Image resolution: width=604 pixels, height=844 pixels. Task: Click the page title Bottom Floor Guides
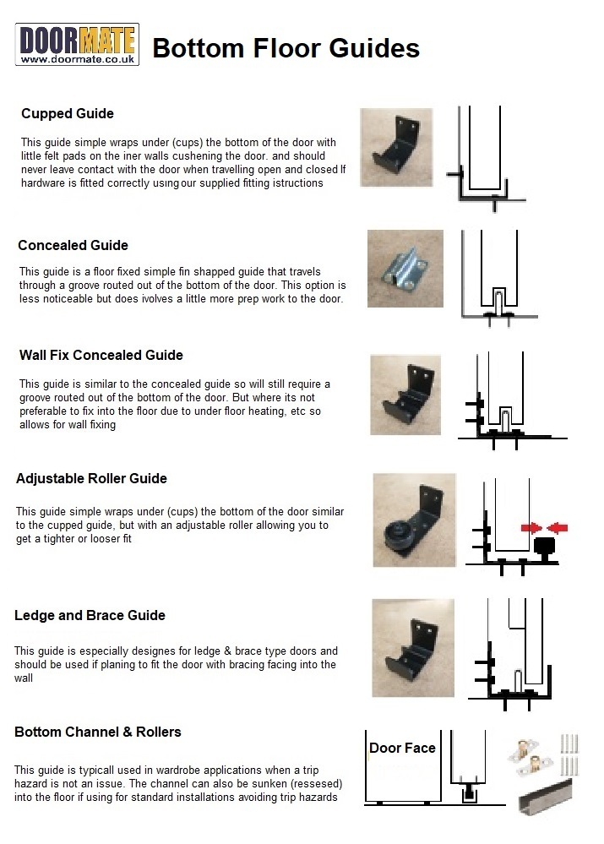coord(286,48)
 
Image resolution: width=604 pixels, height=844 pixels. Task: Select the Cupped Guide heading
coord(68,113)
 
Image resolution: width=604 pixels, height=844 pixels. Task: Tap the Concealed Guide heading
coord(73,245)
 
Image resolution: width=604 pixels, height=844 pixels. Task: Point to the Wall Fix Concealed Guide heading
coord(101,355)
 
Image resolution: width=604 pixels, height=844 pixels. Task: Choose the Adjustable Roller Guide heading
coord(91,478)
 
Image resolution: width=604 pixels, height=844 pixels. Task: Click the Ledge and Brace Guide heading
coord(90,615)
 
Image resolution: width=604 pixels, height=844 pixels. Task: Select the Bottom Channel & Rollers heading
coord(98,732)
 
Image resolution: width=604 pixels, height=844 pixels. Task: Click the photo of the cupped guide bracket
coord(396,147)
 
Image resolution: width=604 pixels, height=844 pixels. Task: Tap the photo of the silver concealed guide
coord(405,269)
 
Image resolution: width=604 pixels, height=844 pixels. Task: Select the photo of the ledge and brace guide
coord(413,648)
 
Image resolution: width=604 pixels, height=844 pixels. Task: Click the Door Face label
coord(402,748)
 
